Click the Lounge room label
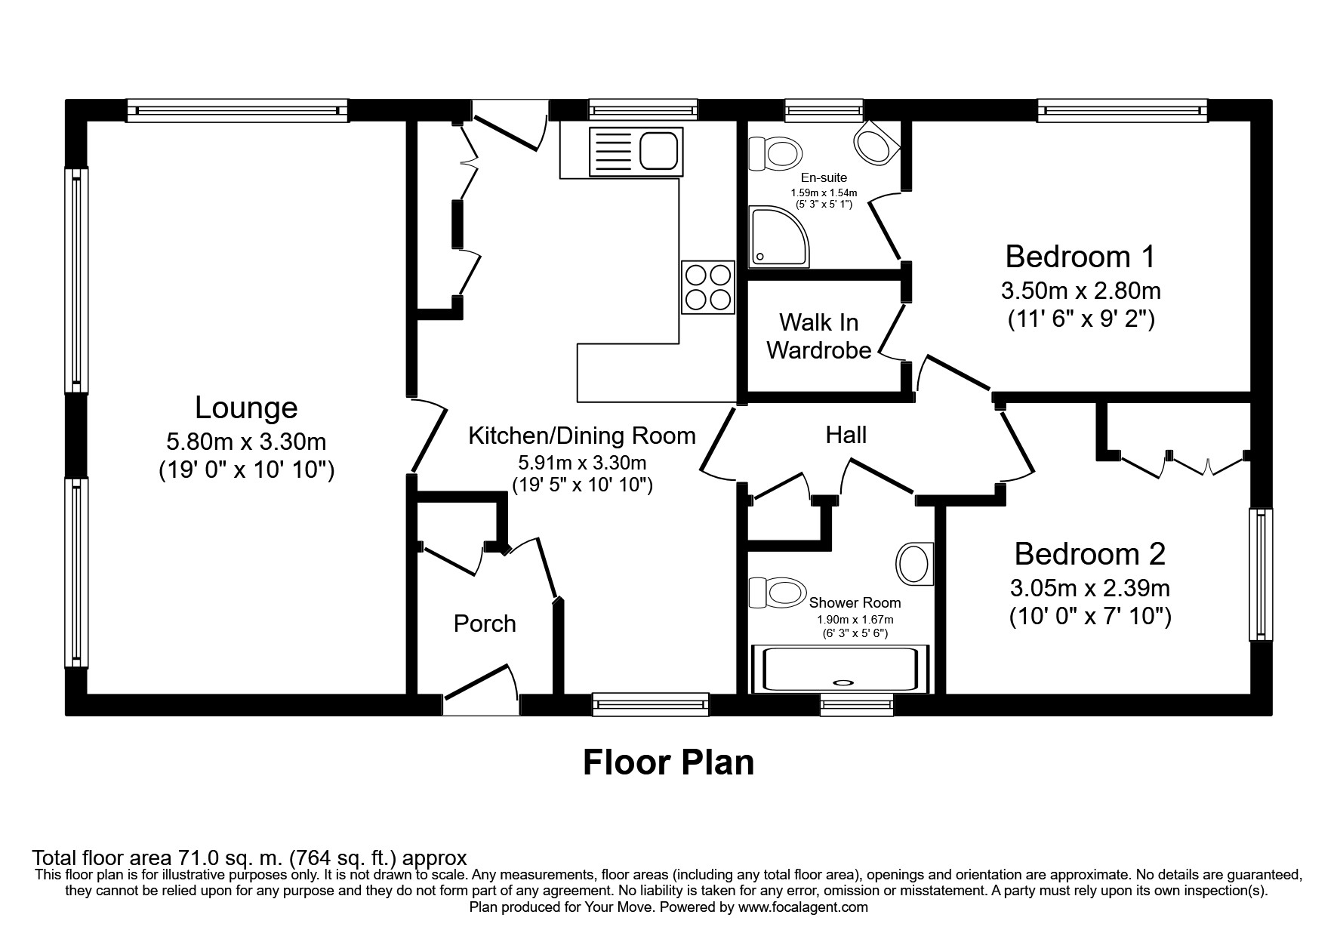point(246,408)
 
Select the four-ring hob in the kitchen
point(707,287)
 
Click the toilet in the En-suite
point(775,153)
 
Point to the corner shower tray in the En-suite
point(778,237)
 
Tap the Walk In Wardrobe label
point(818,337)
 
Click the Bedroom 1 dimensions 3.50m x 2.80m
point(1080,290)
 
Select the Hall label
point(846,435)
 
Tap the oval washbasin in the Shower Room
point(914,563)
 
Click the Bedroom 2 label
point(1089,554)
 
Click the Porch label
point(485,623)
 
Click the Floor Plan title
point(668,762)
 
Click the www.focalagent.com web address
point(803,907)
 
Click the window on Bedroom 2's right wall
point(1260,574)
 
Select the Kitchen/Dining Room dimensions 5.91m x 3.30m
point(581,463)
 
